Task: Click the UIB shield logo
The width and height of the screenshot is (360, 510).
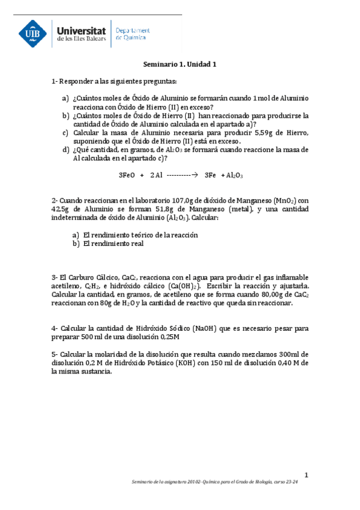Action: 34,33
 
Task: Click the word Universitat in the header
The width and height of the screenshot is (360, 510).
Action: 81,29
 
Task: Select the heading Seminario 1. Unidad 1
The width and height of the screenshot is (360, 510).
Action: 179,64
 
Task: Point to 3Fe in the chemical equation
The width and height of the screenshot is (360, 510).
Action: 210,175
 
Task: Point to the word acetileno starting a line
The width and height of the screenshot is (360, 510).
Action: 67,286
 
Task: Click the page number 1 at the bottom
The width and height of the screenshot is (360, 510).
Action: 306,475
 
